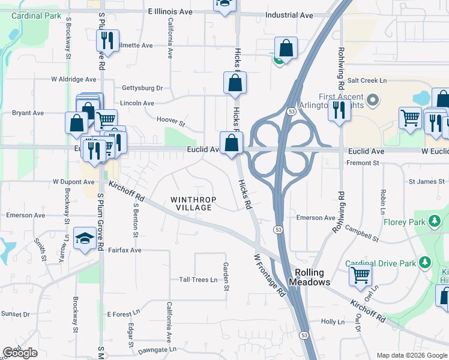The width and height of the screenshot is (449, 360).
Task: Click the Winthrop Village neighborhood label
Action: (x=191, y=203)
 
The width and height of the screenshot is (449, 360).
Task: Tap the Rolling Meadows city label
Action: (x=309, y=277)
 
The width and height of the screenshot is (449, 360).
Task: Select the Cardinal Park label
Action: (x=35, y=15)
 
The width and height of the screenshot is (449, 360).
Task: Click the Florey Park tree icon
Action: (x=434, y=222)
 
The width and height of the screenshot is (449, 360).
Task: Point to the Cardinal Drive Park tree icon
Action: (x=425, y=263)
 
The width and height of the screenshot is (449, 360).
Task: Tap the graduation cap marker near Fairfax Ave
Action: (x=83, y=238)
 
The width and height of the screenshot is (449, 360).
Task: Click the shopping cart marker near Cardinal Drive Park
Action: (x=360, y=275)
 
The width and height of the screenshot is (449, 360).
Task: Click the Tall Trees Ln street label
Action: (x=198, y=280)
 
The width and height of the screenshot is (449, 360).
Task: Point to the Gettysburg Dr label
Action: (x=142, y=88)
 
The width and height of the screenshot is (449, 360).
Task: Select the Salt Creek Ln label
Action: (x=367, y=80)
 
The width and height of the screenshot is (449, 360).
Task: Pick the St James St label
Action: (x=426, y=181)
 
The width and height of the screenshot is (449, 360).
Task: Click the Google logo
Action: (x=20, y=353)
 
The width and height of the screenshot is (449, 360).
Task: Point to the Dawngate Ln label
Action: (x=157, y=349)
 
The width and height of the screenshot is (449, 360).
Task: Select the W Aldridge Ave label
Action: (x=74, y=79)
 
